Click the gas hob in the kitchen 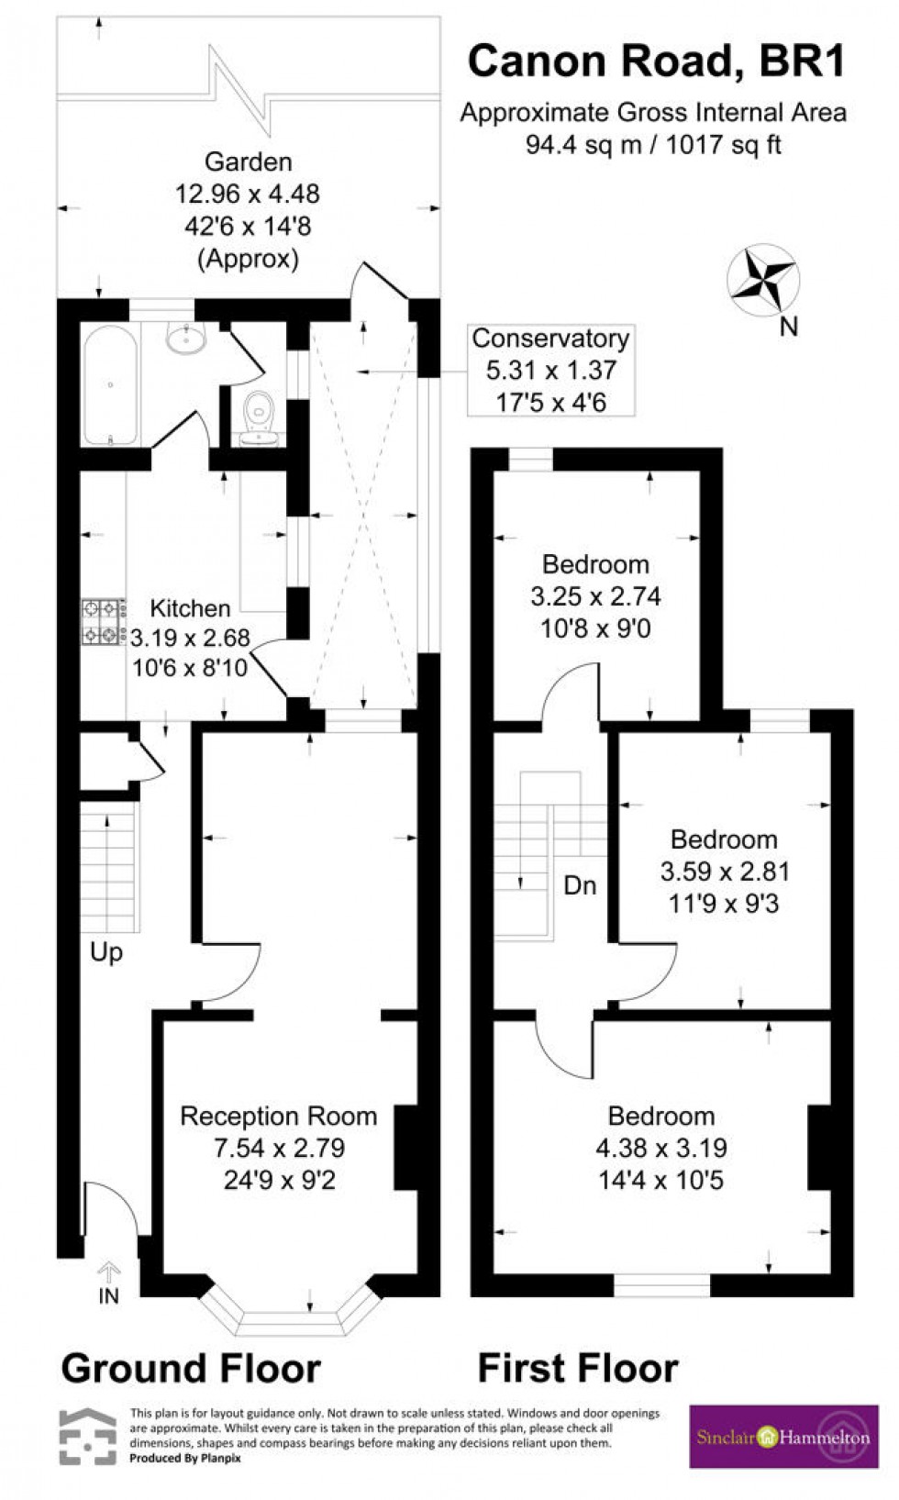pos(103,622)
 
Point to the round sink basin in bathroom pos(189,339)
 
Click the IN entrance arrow pos(109,1272)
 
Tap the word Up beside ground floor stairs pos(106,952)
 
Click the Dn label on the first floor pos(580,885)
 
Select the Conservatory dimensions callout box pos(550,370)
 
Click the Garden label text pos(248,162)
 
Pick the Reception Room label pos(278,1116)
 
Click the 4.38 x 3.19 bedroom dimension pos(660,1148)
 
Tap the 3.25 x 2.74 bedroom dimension pos(595,596)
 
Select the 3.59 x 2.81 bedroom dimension pos(724,872)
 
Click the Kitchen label pos(190,608)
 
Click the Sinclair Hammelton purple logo pos(782,1437)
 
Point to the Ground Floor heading pos(191,1368)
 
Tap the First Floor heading pos(578,1368)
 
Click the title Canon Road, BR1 pos(656,61)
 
